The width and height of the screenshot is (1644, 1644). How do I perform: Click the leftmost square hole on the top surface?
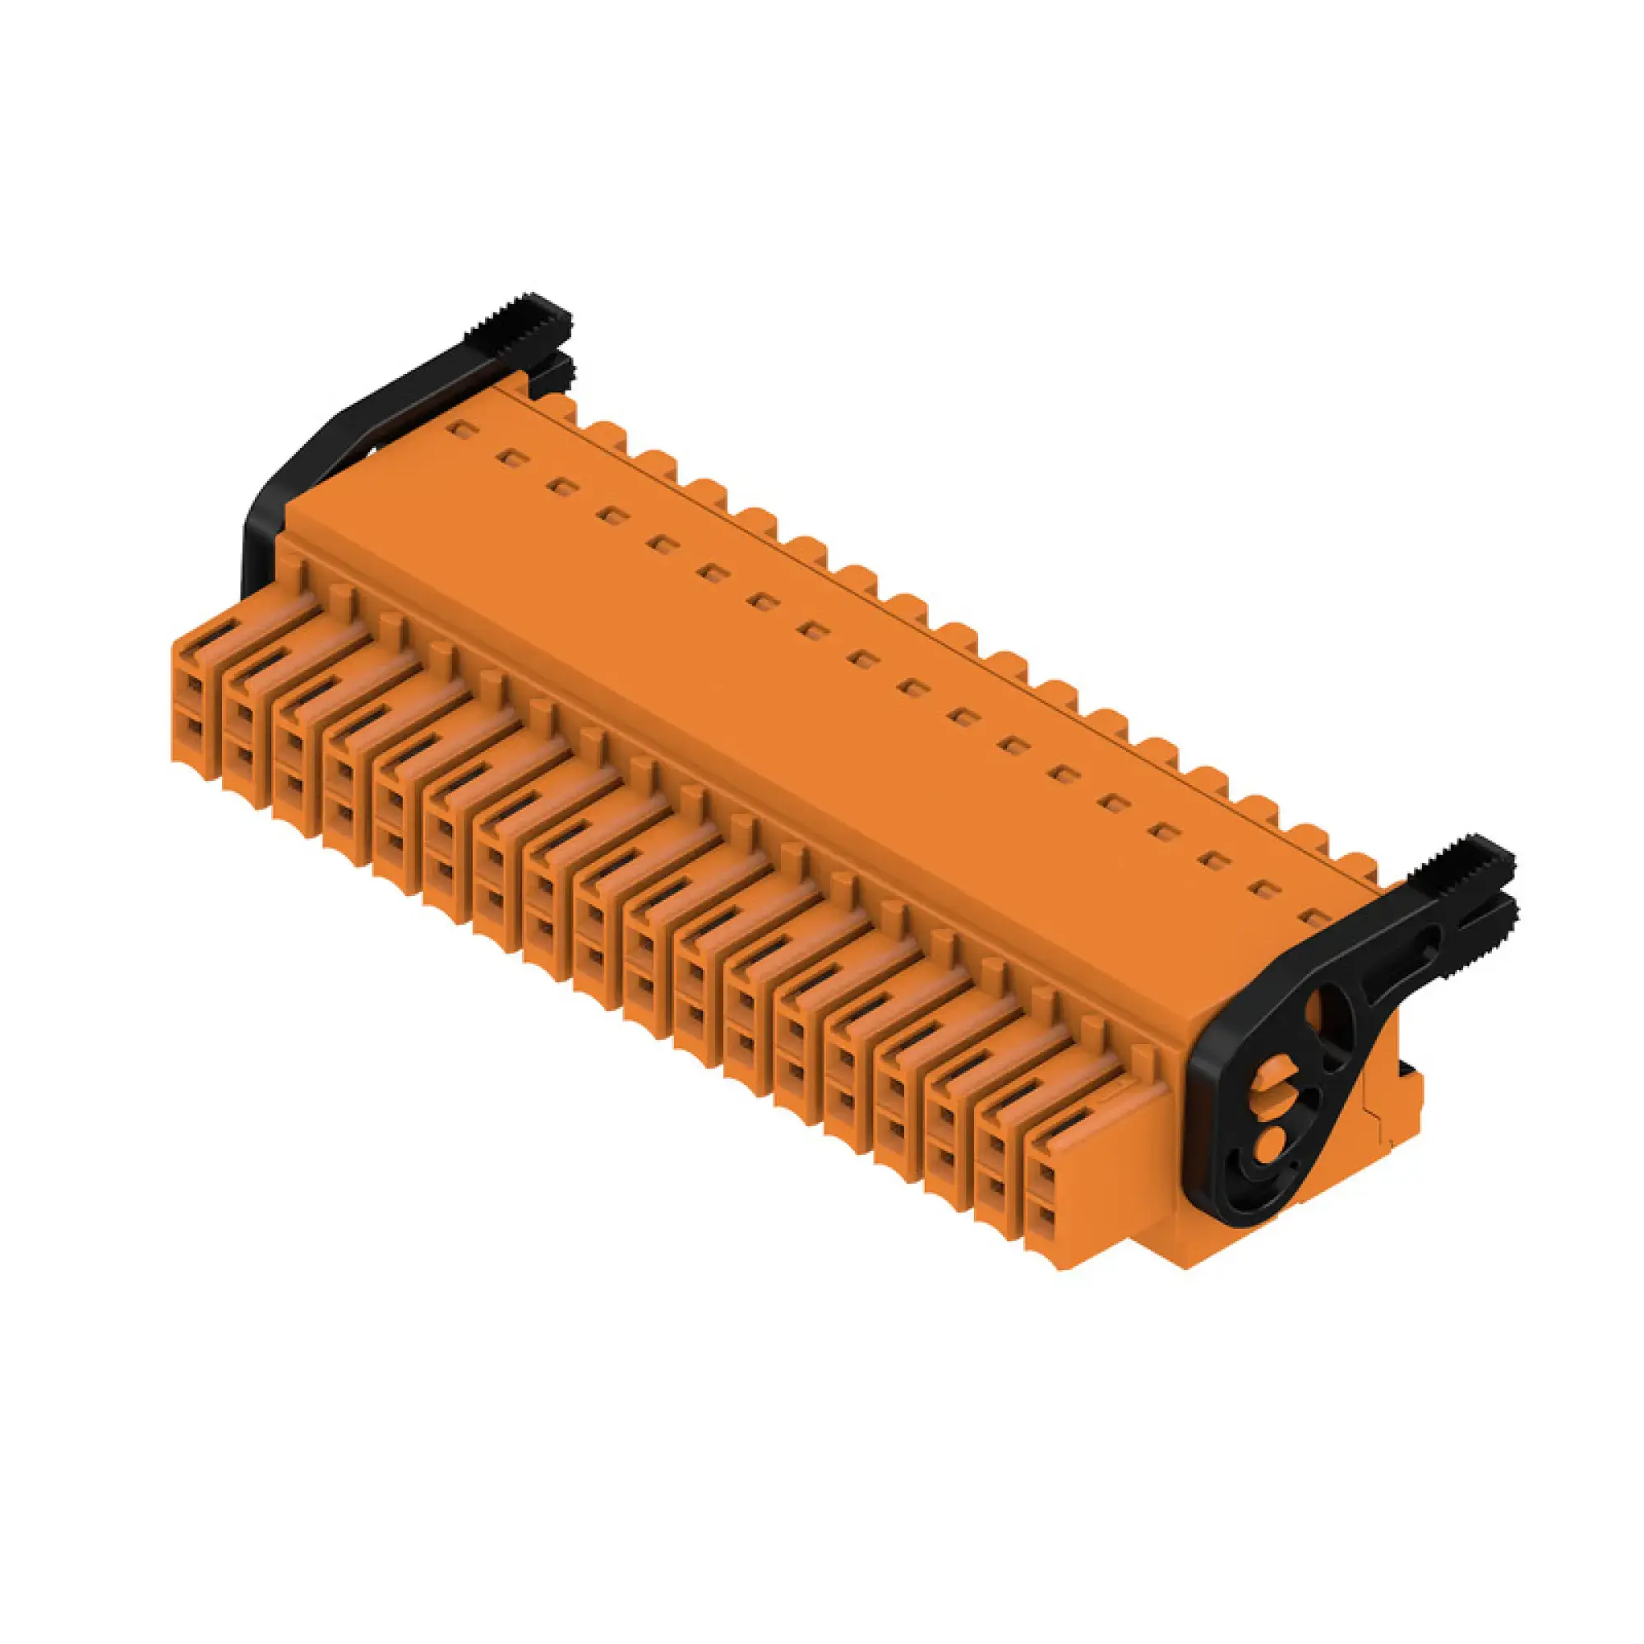click(x=460, y=430)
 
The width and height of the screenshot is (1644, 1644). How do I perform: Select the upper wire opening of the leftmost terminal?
click(x=194, y=684)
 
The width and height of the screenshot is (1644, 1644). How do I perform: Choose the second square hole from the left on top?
click(x=510, y=459)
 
